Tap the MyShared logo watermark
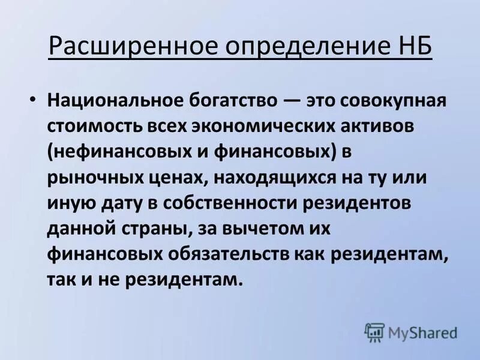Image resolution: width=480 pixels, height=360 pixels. tap(412, 332)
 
